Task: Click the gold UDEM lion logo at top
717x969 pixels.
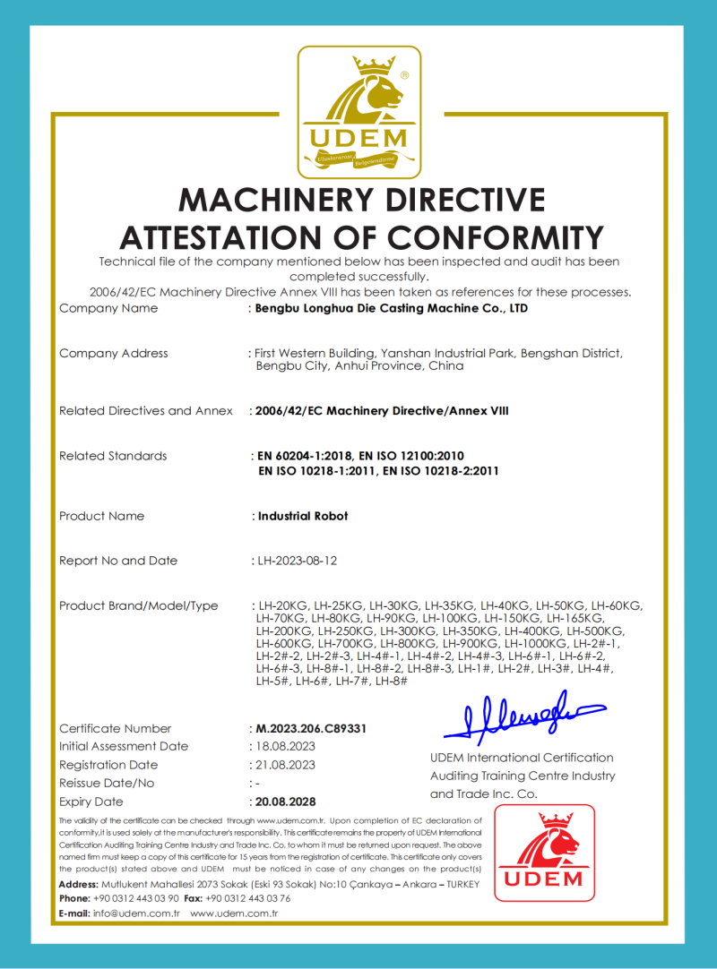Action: [x=358, y=112]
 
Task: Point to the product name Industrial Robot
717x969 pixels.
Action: [x=303, y=516]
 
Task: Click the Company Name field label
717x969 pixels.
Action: [x=108, y=308]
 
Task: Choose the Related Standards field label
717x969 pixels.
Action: [x=113, y=456]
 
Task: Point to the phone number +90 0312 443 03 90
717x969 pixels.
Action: [x=135, y=898]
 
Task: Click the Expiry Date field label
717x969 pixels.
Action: [x=91, y=802]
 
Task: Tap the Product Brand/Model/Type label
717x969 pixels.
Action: [x=138, y=605]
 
